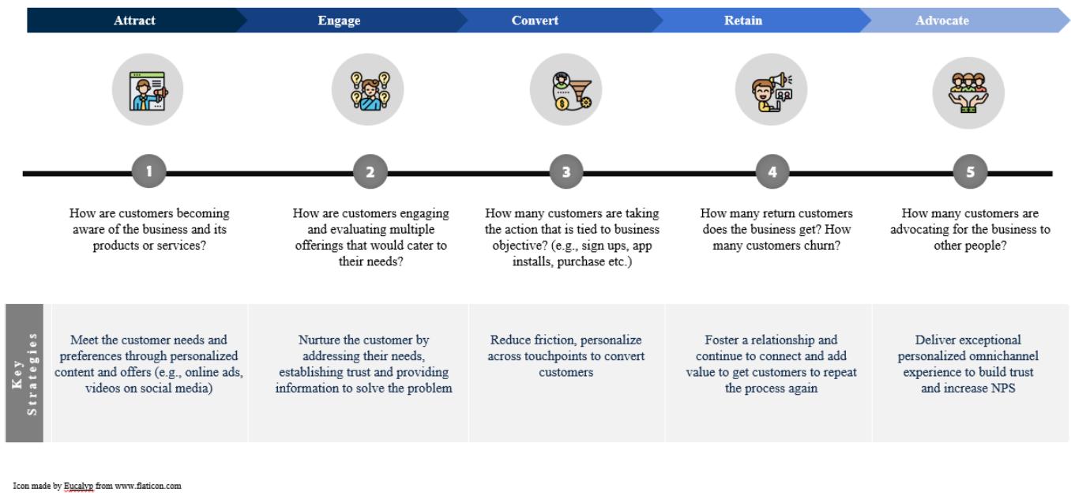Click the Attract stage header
133,21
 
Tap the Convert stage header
535,21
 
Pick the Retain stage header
743,21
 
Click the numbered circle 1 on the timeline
149,172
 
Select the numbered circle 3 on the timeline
566,172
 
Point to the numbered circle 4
771,172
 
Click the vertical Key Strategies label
28,372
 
